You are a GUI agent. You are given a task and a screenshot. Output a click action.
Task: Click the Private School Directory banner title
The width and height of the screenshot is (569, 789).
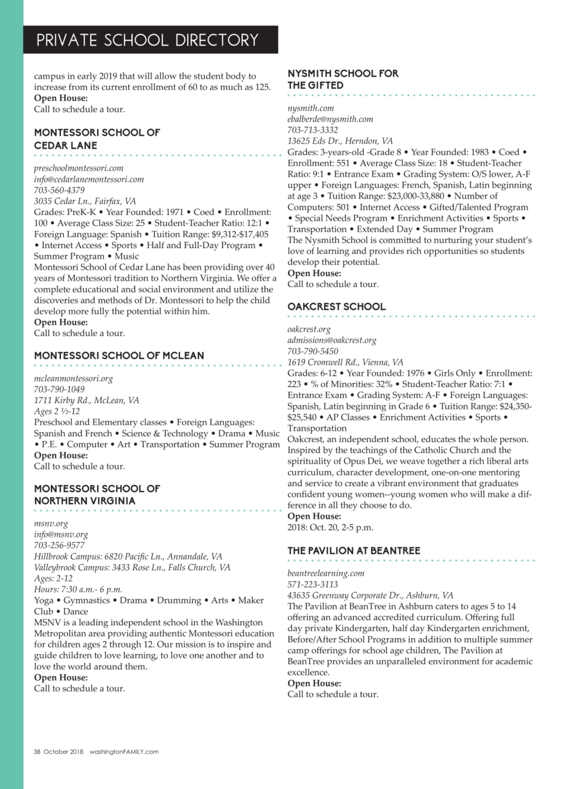click(x=147, y=40)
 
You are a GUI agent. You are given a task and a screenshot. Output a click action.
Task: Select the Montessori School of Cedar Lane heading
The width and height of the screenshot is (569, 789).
click(x=97, y=139)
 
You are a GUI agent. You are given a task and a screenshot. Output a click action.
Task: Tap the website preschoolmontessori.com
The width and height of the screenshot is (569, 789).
click(x=79, y=168)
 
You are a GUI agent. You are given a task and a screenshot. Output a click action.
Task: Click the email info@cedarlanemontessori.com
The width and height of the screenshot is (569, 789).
click(x=89, y=180)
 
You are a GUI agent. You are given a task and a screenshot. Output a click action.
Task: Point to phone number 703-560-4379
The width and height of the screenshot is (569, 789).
click(x=59, y=190)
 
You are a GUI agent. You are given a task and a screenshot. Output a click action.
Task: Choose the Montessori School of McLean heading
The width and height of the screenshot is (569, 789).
click(x=119, y=355)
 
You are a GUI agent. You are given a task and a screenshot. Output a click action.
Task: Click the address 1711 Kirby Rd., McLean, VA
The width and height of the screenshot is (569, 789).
click(x=86, y=400)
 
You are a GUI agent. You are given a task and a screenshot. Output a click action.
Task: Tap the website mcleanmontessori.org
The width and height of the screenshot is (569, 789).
click(x=73, y=378)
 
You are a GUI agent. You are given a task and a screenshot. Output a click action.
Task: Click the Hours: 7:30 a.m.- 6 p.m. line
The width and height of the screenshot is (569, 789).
click(x=78, y=589)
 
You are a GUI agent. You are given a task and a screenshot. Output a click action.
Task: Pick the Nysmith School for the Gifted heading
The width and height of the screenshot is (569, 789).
click(x=343, y=79)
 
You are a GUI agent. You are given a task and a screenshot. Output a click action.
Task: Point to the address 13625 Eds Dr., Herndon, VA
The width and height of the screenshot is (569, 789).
click(x=340, y=141)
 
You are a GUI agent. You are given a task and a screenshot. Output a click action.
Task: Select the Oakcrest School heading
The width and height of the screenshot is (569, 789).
click(x=336, y=306)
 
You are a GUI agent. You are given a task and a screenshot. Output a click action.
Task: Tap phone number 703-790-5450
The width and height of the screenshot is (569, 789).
click(x=312, y=351)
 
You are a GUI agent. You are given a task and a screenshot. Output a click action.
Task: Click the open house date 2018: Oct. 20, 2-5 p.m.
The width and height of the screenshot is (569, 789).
click(x=330, y=527)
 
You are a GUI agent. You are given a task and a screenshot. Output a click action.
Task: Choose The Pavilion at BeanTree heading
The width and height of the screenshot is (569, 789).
click(x=353, y=551)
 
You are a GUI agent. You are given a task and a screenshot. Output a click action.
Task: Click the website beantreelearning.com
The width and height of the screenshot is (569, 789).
click(x=326, y=573)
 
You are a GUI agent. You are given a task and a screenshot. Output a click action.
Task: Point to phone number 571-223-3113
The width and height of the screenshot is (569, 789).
click(x=312, y=584)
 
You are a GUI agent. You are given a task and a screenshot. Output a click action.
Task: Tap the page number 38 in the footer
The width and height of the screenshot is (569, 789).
click(x=37, y=752)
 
